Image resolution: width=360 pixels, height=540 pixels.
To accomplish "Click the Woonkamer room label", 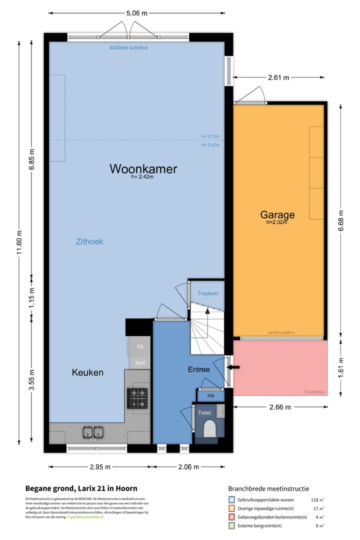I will coord(143,169).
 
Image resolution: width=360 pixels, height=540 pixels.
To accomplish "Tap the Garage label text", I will coord(277,215).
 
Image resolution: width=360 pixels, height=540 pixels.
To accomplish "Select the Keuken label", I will coord(87,372).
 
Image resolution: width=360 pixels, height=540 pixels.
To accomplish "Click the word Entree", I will coord(198,369).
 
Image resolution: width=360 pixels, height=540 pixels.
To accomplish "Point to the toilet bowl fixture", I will coord(209,428).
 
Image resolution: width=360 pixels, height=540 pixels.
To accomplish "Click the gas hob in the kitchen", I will coord(138,398).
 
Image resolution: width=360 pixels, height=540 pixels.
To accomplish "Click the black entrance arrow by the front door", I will coord(234,367).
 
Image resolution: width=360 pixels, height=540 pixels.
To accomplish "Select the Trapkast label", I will coord(207,293).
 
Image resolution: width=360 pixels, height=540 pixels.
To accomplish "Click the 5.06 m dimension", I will coord(137,13).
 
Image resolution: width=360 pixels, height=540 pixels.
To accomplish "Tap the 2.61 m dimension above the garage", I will coord(278,77).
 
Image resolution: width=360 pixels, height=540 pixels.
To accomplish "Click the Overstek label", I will coord(314,392).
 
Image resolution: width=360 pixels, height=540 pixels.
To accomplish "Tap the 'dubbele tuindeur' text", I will coord(129,47).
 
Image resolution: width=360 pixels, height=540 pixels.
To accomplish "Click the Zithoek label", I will coord(89,241).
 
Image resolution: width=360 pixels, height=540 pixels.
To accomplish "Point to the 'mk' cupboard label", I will coord(210,396).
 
